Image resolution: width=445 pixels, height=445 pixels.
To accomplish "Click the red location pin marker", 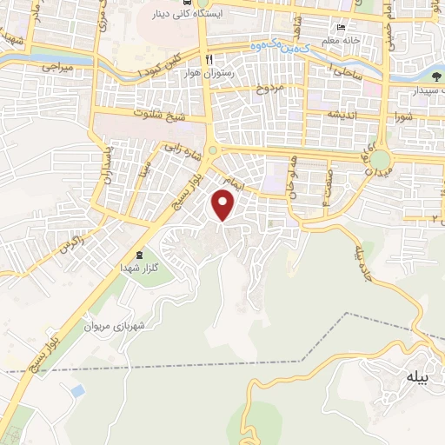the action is click(x=224, y=205).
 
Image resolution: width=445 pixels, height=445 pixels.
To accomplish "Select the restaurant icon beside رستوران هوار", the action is click(x=209, y=57).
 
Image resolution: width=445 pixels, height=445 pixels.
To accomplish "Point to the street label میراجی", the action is click(x=58, y=67).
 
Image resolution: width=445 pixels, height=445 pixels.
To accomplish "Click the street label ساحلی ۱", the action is click(x=348, y=72).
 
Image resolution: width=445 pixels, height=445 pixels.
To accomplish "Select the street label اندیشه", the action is click(x=342, y=114).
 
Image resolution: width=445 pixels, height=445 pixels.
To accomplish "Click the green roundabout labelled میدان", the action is click(x=381, y=160).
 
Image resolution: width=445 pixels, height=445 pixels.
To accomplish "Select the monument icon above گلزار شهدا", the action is click(x=140, y=254).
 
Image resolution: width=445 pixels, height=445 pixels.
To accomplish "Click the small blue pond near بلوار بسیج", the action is click(x=77, y=391).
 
